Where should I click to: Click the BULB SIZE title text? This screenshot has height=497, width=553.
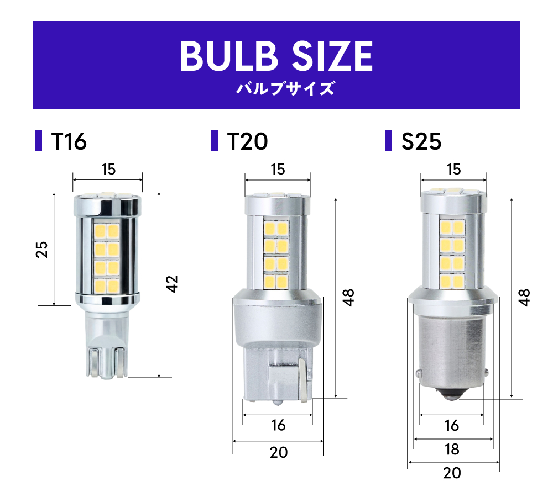[276, 56]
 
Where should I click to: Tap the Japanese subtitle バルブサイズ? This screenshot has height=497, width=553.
[285, 88]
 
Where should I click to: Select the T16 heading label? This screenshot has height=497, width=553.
[69, 141]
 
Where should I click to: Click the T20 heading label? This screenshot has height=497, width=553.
[247, 141]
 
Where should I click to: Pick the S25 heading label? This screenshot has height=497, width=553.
[421, 141]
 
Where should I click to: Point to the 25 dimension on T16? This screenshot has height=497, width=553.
[42, 250]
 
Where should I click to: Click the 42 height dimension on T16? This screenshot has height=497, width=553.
[172, 284]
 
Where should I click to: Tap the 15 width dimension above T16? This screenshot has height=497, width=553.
[108, 170]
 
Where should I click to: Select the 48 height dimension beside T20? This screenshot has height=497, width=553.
[348, 298]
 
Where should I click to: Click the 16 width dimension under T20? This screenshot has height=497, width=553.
[278, 425]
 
